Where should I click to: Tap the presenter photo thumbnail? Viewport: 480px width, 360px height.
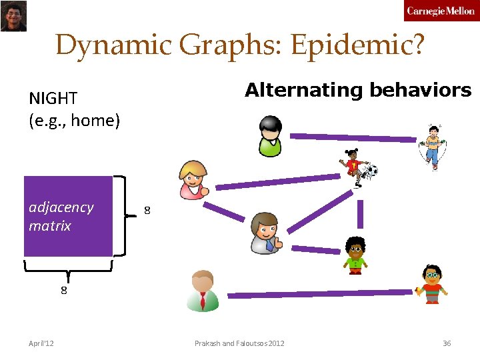[13, 16]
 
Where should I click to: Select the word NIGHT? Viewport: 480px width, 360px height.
[53, 98]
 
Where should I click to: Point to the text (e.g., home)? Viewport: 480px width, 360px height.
[74, 121]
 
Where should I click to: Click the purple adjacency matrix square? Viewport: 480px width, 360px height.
[68, 216]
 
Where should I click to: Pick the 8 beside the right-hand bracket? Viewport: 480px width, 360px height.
[147, 211]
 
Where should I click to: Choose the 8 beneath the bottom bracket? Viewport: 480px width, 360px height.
[64, 290]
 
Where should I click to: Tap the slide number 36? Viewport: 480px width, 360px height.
[447, 343]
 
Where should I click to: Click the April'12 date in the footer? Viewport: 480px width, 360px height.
[41, 343]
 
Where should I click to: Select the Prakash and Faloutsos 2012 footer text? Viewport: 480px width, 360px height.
[239, 343]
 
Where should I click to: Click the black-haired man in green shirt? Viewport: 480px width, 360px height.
[271, 135]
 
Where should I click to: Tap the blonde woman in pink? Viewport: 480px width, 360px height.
[194, 179]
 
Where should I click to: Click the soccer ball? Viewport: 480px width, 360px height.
[371, 171]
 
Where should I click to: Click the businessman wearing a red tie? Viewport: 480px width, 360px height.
[203, 291]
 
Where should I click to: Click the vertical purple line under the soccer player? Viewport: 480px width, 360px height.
[361, 214]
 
